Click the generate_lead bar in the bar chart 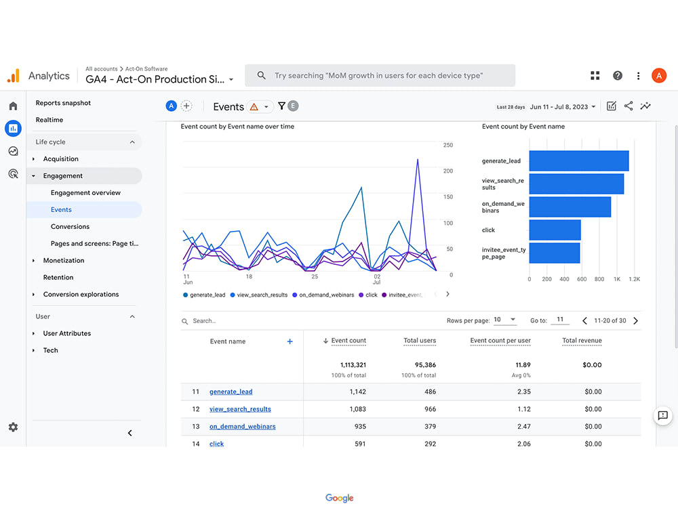[x=578, y=161]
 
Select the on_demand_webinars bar [x=570, y=207]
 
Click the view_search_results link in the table [x=240, y=409]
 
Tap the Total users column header [x=420, y=341]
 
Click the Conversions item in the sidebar [x=70, y=226]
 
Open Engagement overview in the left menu [x=85, y=192]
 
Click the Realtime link [x=49, y=120]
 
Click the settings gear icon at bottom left [x=13, y=427]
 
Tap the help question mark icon [x=617, y=76]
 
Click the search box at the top [x=380, y=76]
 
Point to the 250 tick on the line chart [x=447, y=145]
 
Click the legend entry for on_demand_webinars [x=326, y=295]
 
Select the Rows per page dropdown [x=505, y=320]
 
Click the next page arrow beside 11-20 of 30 [x=635, y=320]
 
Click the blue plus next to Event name [x=290, y=341]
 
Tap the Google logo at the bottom [x=339, y=498]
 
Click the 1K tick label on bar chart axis [x=617, y=278]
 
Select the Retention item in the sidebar [x=58, y=277]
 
